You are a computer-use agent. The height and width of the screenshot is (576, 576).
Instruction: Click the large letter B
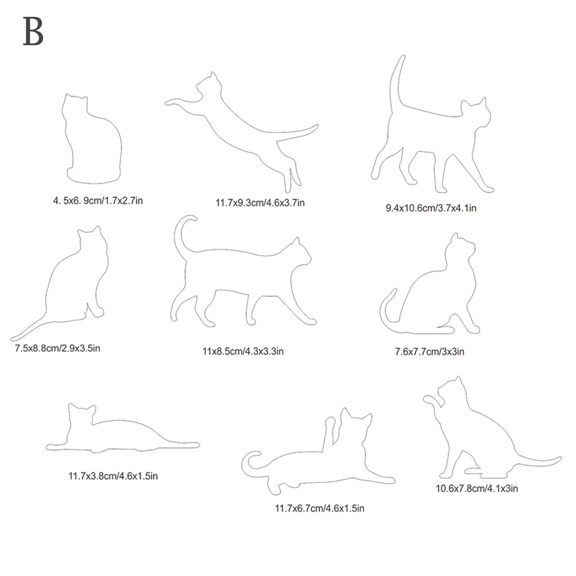click(x=33, y=31)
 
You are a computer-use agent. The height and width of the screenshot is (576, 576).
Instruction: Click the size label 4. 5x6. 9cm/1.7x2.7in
click(x=98, y=201)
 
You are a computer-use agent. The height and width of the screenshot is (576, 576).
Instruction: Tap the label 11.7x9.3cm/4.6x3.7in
click(x=260, y=203)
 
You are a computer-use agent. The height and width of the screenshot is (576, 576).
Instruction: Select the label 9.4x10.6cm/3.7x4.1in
click(x=431, y=208)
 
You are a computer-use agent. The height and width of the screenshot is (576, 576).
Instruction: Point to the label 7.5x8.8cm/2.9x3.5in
click(x=58, y=348)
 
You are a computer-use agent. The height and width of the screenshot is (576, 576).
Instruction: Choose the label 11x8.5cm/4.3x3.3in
click(x=243, y=351)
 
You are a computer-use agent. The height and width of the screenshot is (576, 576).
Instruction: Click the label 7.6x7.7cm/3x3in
click(x=429, y=351)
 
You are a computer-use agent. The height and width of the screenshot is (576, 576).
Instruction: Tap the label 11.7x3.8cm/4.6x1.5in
click(x=113, y=476)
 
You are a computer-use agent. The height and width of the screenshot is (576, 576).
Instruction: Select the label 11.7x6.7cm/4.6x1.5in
click(x=319, y=509)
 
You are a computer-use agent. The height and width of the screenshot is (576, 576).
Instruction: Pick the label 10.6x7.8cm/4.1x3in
click(x=477, y=488)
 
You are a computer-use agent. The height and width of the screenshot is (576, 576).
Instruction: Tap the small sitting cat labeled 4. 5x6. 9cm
click(x=93, y=140)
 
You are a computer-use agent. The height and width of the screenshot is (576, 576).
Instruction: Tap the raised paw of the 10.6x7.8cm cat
click(x=430, y=400)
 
